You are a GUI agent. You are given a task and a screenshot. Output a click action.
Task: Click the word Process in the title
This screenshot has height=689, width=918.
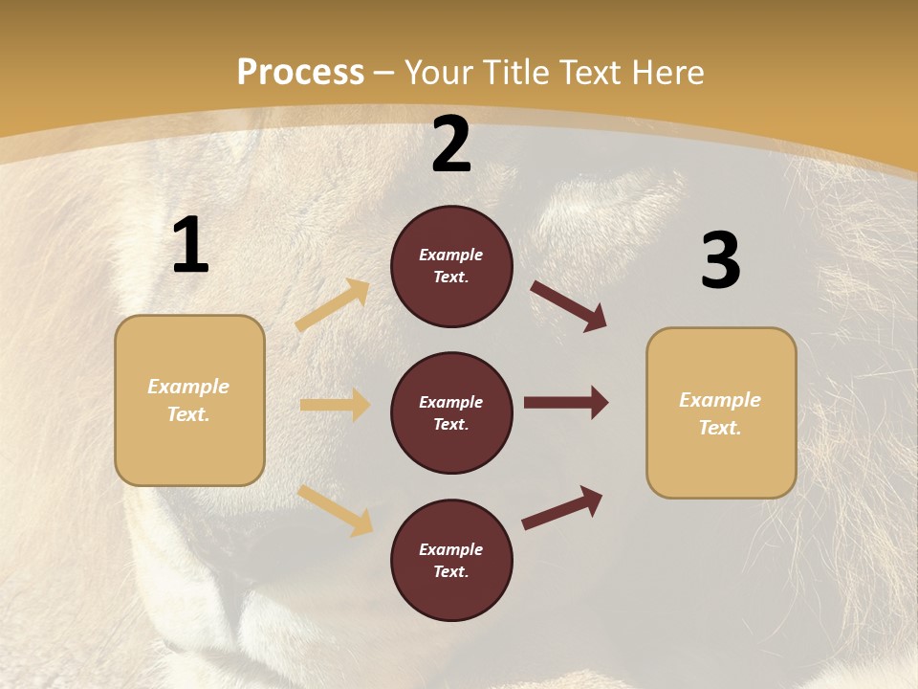(x=300, y=73)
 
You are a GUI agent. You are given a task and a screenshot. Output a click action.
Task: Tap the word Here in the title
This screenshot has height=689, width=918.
(x=667, y=73)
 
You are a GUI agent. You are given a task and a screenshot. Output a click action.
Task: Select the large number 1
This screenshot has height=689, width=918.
(x=190, y=245)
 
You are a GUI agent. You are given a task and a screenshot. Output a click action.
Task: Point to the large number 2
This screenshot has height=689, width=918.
(x=451, y=144)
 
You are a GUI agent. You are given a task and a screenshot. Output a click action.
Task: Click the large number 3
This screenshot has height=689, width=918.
(x=720, y=261)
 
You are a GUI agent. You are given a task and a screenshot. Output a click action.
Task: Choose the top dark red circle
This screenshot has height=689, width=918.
(x=451, y=266)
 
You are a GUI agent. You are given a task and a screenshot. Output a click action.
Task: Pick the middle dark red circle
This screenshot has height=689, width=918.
(x=451, y=412)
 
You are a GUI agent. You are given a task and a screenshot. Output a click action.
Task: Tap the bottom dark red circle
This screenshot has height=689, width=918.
(x=451, y=560)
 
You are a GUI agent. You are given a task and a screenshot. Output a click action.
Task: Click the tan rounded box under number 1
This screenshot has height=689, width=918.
(x=189, y=400)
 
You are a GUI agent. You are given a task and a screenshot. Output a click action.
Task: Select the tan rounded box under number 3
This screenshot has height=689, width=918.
(x=721, y=413)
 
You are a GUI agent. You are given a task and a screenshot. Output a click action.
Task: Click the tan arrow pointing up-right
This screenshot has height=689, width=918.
(x=333, y=305)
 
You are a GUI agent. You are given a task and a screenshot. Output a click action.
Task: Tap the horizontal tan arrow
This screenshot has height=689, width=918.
(x=335, y=405)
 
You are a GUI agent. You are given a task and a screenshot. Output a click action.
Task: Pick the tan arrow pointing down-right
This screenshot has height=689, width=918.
(x=336, y=510)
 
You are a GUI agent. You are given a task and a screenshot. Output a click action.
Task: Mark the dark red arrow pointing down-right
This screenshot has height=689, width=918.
(x=569, y=306)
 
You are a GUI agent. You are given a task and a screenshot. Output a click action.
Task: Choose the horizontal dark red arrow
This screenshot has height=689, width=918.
(x=566, y=403)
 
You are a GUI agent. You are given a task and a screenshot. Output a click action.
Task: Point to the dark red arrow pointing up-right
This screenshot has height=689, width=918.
(x=562, y=508)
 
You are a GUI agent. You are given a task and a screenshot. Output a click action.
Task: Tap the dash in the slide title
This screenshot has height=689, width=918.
(x=384, y=74)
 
